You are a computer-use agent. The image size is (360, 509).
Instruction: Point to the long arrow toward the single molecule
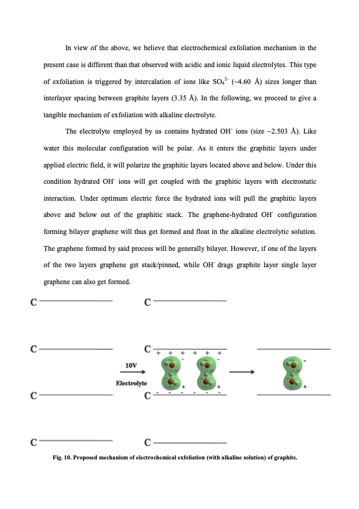(x=241, y=373)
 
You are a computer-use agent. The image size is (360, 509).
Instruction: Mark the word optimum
(x=109, y=198)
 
